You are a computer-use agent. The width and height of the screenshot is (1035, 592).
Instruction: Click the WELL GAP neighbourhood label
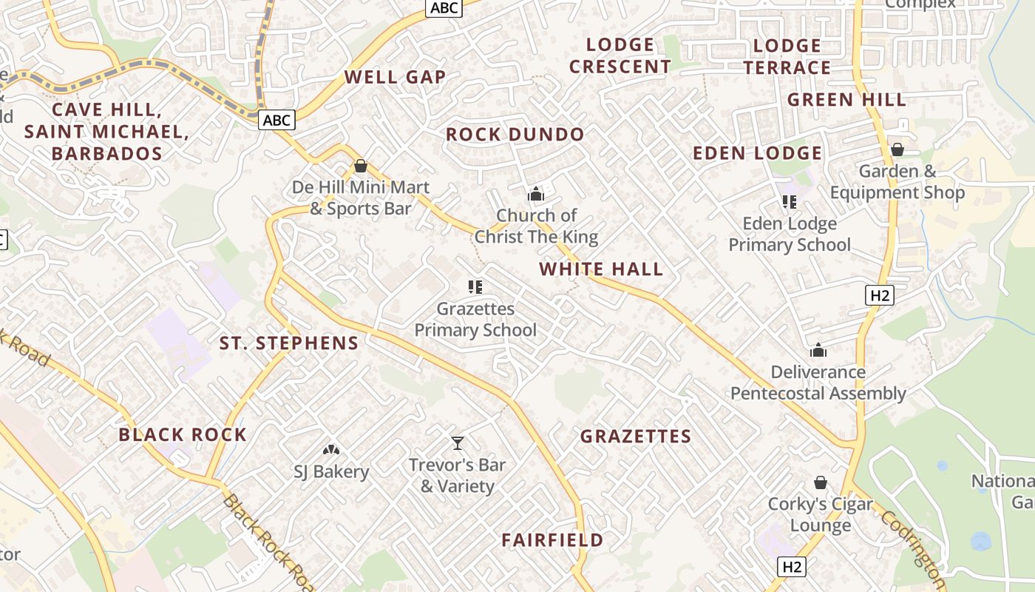click(395, 77)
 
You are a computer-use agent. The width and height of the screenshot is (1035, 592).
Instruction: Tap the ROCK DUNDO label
click(515, 135)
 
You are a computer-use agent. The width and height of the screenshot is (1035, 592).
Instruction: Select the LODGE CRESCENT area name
click(620, 55)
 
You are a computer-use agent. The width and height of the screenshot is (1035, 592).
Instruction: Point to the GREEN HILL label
click(846, 100)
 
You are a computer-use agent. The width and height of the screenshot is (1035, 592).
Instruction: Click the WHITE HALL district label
click(601, 269)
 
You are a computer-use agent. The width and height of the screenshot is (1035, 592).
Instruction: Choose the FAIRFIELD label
click(552, 540)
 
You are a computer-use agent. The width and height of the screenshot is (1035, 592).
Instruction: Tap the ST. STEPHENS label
click(289, 343)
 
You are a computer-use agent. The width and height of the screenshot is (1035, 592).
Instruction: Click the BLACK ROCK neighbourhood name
click(183, 434)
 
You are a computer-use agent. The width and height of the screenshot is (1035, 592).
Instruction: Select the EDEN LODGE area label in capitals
click(757, 153)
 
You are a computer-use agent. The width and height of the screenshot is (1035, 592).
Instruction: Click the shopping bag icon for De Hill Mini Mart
click(360, 166)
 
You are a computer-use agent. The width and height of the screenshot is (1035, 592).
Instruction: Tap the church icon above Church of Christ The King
click(535, 195)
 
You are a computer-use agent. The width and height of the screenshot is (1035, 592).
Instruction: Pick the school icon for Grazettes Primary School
click(475, 287)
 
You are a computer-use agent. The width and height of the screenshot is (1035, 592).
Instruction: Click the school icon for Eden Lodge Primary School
click(789, 202)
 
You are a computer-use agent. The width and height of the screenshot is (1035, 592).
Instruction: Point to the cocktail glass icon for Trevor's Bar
click(458, 443)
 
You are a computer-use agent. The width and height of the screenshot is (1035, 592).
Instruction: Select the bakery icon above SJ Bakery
click(330, 449)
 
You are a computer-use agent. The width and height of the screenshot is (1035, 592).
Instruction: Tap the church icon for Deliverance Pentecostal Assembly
click(818, 350)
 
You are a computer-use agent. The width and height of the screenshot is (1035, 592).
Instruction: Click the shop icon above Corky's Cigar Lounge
click(820, 482)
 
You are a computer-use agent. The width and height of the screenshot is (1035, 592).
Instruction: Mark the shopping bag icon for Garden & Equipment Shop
click(897, 149)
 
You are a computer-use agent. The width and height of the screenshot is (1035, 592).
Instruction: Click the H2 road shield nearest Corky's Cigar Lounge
click(792, 567)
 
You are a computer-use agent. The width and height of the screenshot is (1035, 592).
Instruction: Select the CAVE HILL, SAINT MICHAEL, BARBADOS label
click(106, 132)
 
